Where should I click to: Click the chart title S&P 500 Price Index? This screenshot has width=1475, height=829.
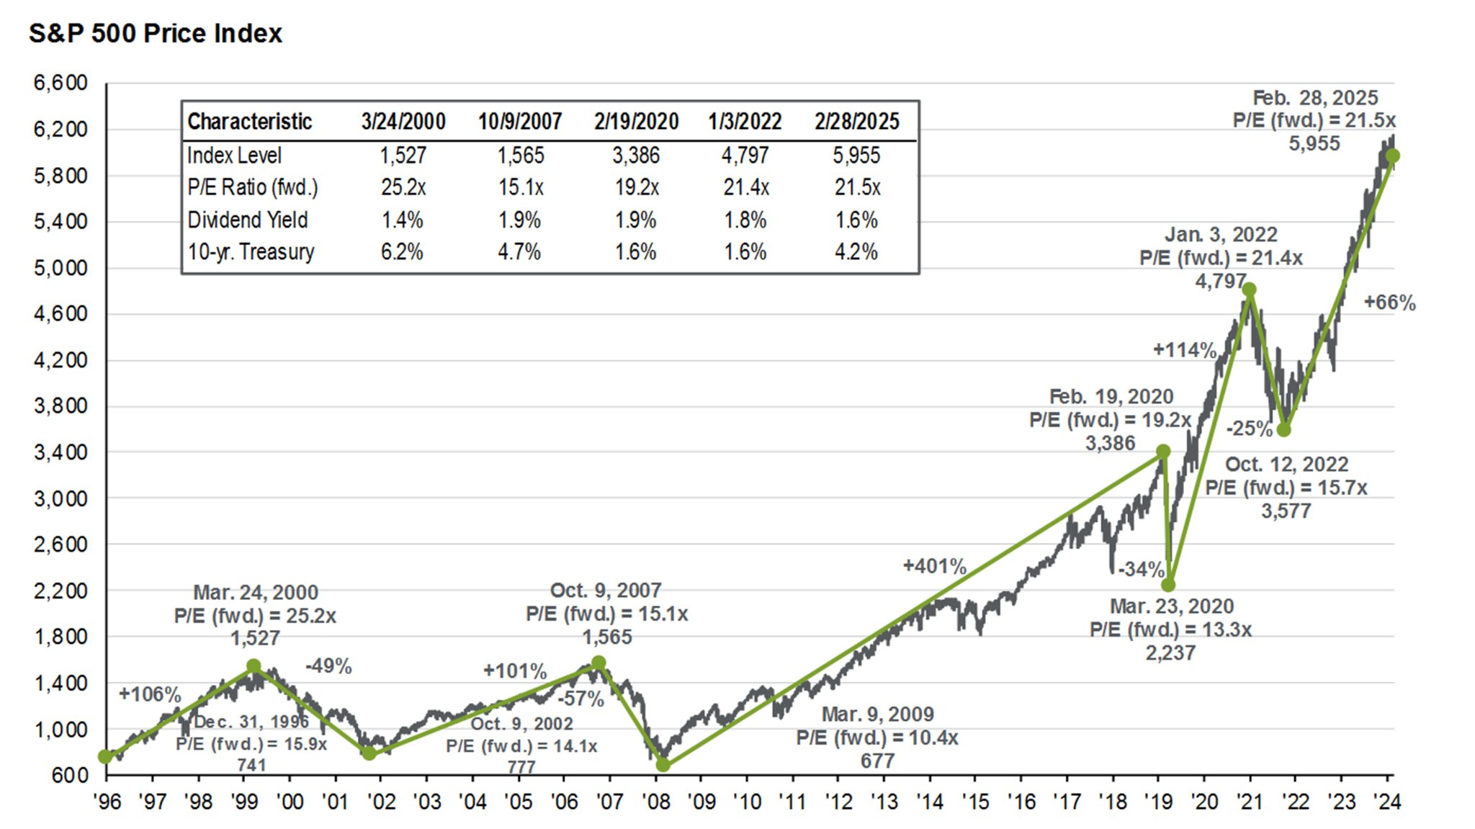coord(155,33)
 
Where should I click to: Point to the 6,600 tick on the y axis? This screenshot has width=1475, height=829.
coord(60,83)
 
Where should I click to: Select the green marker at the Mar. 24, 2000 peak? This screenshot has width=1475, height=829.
coord(254,666)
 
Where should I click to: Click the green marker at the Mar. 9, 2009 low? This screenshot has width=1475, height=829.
coord(663,765)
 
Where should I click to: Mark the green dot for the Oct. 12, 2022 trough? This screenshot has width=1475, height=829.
coord(1283,429)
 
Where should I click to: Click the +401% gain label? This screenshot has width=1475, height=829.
coord(934,566)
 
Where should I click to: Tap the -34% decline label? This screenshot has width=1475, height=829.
coord(1141,569)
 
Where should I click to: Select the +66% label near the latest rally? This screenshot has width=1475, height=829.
coord(1389,303)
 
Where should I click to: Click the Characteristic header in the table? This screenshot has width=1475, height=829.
coord(249,121)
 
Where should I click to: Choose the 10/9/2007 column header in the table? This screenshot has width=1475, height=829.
coord(520,121)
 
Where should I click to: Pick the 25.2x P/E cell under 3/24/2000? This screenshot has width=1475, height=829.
coord(403,187)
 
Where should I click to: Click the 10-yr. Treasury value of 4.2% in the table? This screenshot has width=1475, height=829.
coord(856,252)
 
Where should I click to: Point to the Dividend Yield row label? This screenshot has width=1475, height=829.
coord(247,220)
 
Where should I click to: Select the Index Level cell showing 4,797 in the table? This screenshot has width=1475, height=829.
coord(745,155)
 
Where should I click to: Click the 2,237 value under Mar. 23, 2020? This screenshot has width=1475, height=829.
coord(1170,653)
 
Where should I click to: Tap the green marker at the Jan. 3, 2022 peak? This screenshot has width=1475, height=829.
coord(1250,290)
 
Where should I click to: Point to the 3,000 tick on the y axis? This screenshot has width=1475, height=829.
coord(60,498)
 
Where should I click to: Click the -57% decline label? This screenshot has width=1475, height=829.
coord(580,698)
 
